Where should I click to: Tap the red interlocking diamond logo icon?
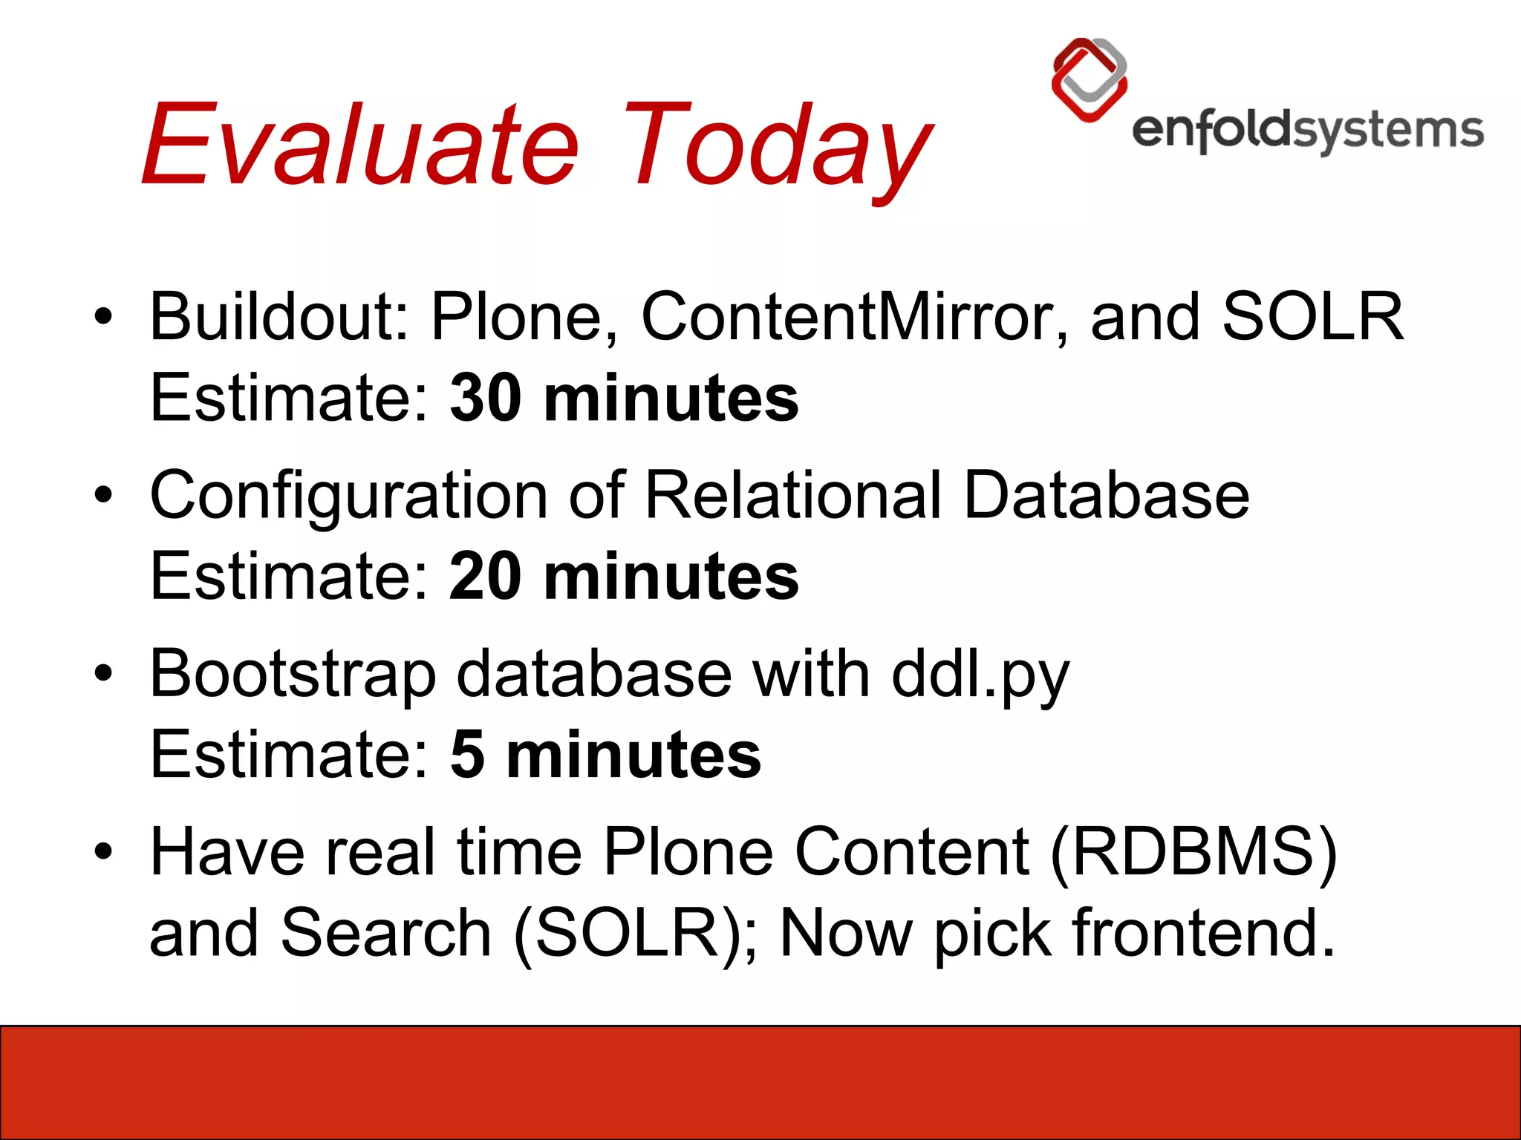click(1089, 80)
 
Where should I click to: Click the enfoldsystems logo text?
click(1307, 131)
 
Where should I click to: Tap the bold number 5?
click(467, 756)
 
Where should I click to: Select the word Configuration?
click(349, 495)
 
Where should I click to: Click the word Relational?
click(793, 495)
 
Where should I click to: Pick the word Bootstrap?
click(293, 674)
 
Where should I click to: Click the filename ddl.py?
click(980, 674)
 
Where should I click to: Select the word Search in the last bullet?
click(386, 934)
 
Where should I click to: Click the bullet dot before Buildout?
click(103, 317)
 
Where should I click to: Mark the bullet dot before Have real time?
click(103, 852)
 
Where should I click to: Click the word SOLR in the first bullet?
click(1312, 317)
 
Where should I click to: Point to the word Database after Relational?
click(1107, 495)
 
